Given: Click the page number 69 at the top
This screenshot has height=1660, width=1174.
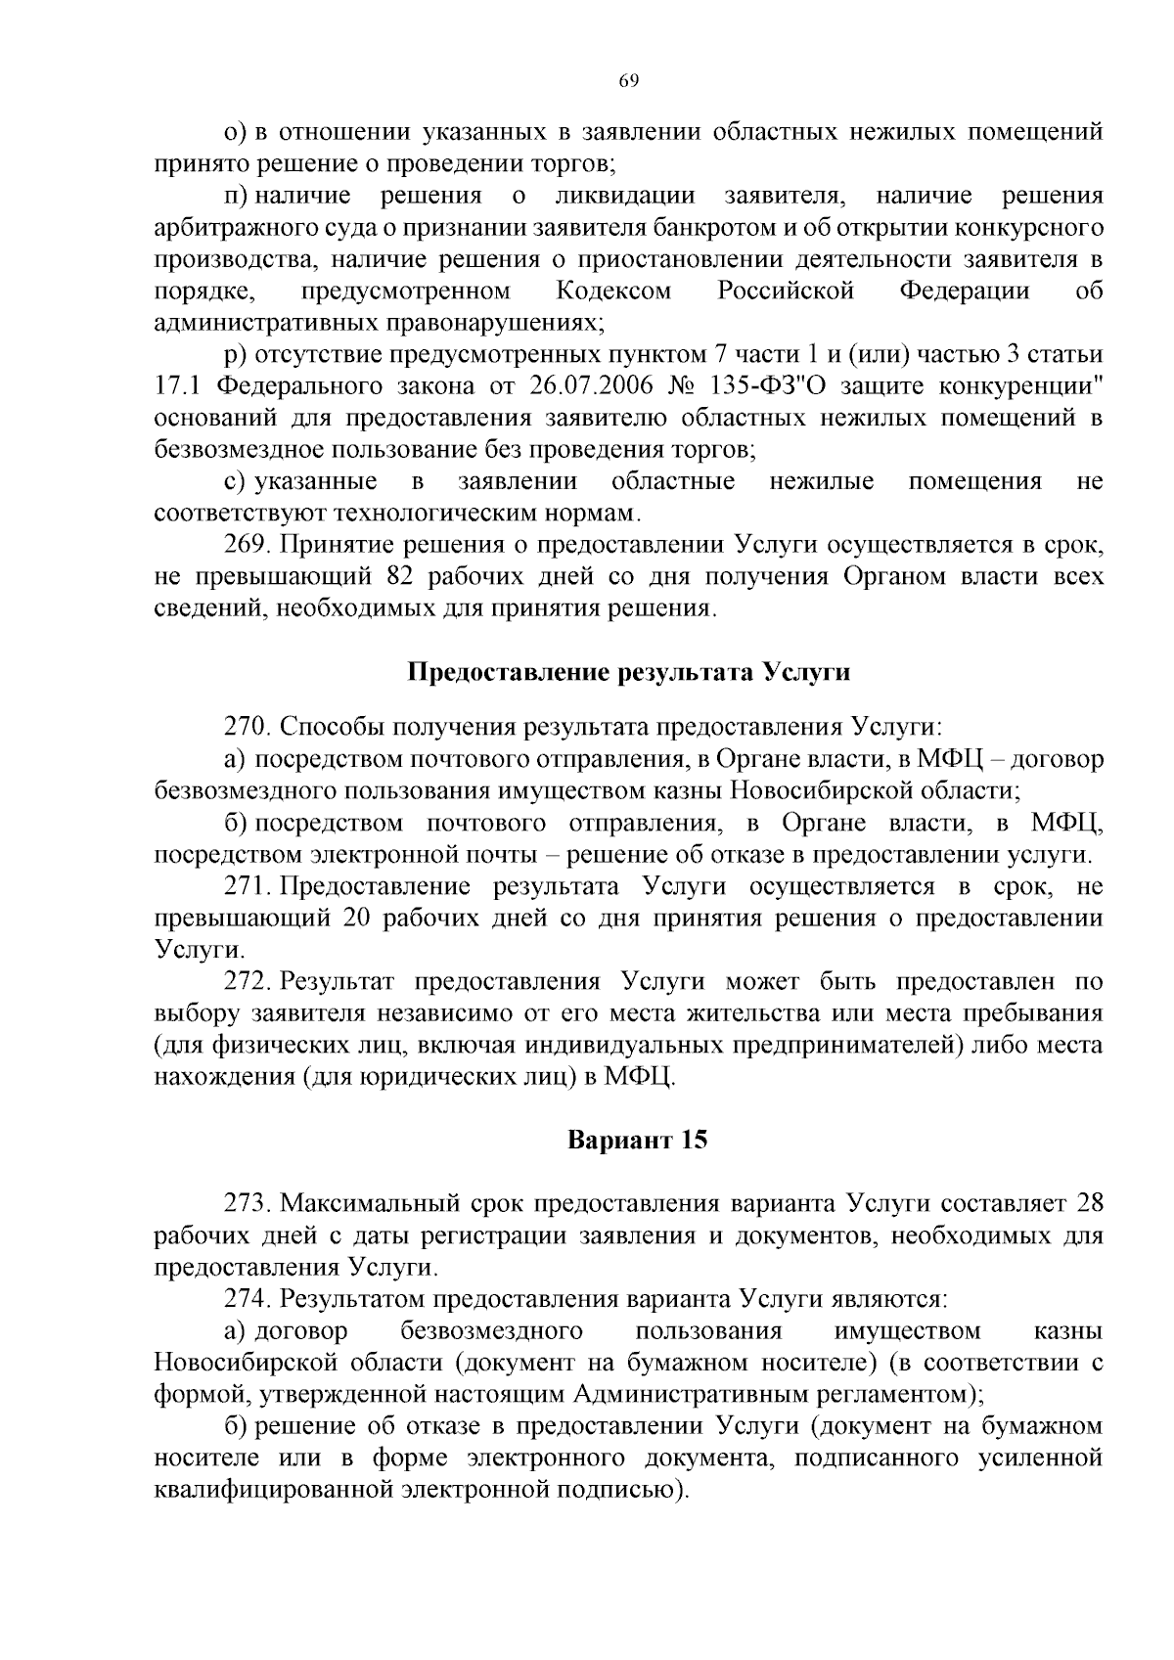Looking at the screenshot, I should tap(628, 81).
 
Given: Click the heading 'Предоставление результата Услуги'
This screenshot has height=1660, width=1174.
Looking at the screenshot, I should tap(628, 673).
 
